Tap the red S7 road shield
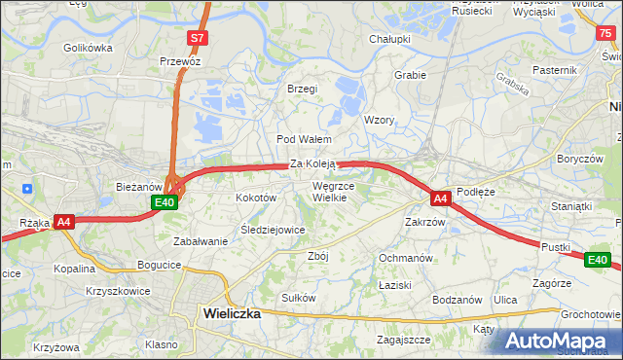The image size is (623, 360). coord(198,38)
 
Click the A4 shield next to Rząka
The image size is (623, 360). coord(64,222)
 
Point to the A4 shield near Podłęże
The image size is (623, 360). coord(441,198)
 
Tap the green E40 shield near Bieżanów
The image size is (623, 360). coord(165,202)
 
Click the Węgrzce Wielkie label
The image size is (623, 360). coord(334,191)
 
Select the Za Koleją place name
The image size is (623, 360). coord(312,164)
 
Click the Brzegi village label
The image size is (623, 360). coord(303,89)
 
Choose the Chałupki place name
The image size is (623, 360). coord(389,39)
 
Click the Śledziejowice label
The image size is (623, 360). coord(274,230)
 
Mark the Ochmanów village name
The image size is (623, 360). coord(405,258)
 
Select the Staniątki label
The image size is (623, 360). coord(571,206)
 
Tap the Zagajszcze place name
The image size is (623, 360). coord(404,340)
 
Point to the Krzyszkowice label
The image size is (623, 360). coord(118,291)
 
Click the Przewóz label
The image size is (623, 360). coord(180,60)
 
